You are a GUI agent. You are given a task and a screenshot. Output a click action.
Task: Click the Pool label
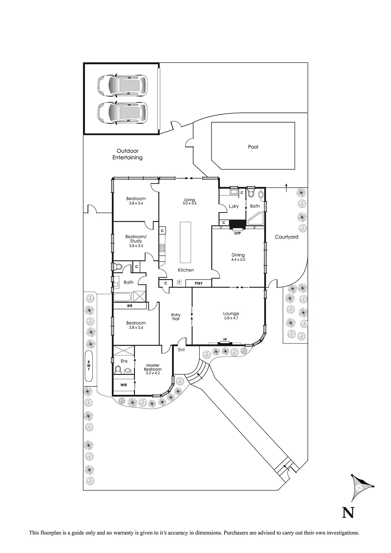click(253, 147)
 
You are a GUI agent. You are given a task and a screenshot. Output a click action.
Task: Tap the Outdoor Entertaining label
click(128, 154)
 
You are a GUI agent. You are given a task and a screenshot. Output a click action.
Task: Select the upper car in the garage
click(122, 86)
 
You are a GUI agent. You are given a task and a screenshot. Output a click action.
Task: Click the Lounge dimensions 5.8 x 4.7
click(231, 318)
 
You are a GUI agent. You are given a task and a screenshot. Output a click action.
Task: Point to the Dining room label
click(238, 255)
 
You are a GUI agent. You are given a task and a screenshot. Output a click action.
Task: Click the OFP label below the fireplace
click(237, 233)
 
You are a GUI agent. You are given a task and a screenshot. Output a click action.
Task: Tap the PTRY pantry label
click(198, 284)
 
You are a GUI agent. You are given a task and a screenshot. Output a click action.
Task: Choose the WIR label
click(124, 385)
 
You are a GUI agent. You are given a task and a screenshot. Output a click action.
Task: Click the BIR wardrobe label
click(130, 306)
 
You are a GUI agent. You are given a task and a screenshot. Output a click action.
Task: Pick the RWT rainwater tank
click(89, 366)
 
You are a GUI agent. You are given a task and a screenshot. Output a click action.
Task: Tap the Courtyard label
click(286, 237)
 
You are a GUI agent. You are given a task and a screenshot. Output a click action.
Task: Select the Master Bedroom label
click(153, 367)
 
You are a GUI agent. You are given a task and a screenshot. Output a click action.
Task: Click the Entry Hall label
click(176, 317)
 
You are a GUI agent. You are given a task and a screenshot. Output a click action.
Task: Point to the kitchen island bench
click(186, 242)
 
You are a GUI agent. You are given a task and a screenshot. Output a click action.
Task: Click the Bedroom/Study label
click(136, 239)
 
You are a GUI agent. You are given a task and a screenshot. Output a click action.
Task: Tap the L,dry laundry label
click(233, 206)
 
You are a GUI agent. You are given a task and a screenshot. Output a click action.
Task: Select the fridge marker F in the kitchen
click(180, 282)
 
